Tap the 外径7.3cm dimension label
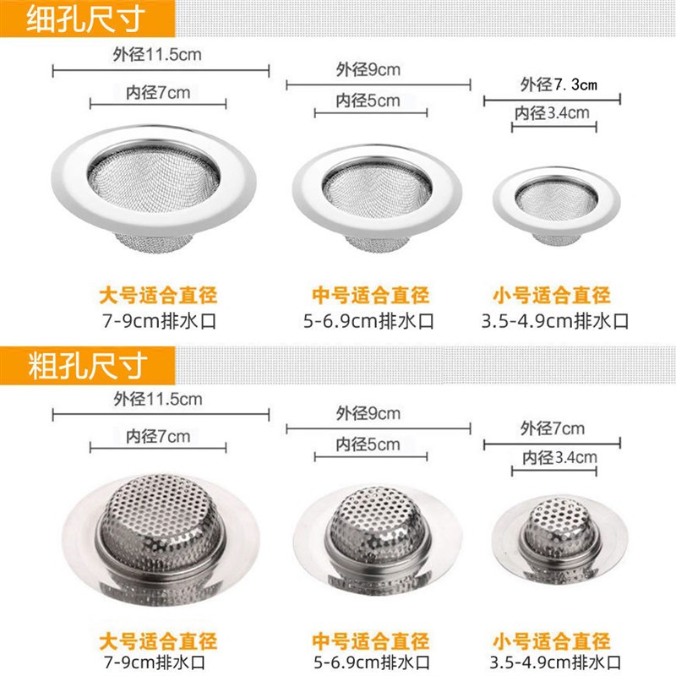(x=559, y=84)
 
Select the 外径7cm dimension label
(x=553, y=428)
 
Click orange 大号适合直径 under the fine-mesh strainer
(x=158, y=296)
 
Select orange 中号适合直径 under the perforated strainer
(x=371, y=639)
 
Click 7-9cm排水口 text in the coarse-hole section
(x=158, y=662)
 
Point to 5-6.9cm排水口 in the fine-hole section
(x=371, y=321)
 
